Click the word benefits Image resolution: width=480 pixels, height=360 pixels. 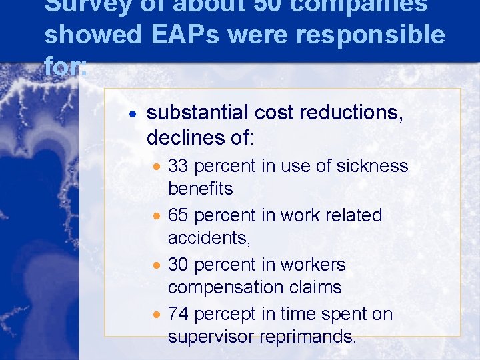pyautogui.click(x=200, y=189)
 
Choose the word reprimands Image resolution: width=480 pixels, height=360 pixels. pyautogui.click(x=309, y=337)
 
